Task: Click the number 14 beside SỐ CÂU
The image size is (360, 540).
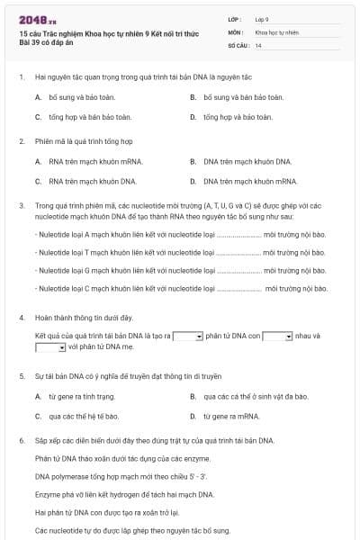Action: click(258, 44)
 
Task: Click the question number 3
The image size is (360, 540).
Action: click(21, 205)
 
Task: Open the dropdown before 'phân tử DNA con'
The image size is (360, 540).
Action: click(187, 336)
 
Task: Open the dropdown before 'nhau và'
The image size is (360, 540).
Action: click(277, 336)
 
